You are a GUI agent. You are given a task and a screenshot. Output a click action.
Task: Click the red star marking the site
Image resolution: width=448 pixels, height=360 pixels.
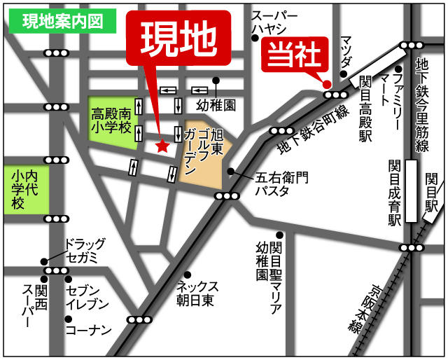pos(162,146)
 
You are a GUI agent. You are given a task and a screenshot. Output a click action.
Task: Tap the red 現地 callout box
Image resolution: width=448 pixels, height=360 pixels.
pos(178,41)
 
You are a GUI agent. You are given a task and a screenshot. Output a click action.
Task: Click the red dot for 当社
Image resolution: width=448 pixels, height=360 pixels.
pos(326,85)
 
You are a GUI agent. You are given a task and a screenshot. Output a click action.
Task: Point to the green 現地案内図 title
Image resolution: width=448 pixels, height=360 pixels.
pos(62,21)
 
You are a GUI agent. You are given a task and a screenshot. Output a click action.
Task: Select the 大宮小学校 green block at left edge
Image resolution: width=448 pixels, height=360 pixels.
pos(25,189)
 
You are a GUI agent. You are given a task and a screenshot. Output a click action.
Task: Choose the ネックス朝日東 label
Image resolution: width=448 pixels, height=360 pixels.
pos(198,293)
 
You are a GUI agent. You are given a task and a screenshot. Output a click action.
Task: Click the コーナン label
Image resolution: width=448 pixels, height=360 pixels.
pos(88,329)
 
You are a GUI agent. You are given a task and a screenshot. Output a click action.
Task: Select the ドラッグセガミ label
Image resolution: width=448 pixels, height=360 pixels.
pos(85,251)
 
